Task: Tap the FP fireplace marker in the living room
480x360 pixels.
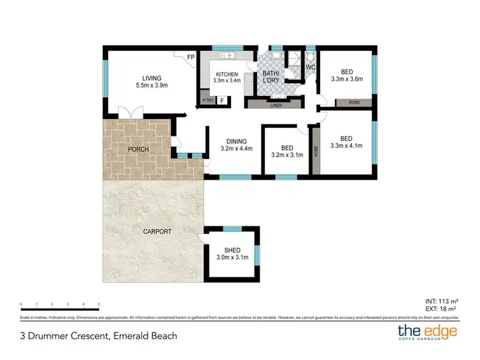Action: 191,58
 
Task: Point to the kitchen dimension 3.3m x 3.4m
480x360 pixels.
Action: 227,81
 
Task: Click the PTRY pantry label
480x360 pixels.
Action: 207,100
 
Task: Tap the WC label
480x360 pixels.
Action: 311,67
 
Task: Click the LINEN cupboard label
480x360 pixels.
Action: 276,104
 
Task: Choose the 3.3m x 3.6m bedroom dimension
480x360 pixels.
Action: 346,80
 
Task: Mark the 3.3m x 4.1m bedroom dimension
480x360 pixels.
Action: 346,146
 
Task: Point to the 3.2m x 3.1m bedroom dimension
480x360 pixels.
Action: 287,155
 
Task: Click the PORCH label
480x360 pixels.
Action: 138,150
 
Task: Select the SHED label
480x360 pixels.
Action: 232,251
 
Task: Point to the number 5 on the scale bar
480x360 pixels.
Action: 99,304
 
